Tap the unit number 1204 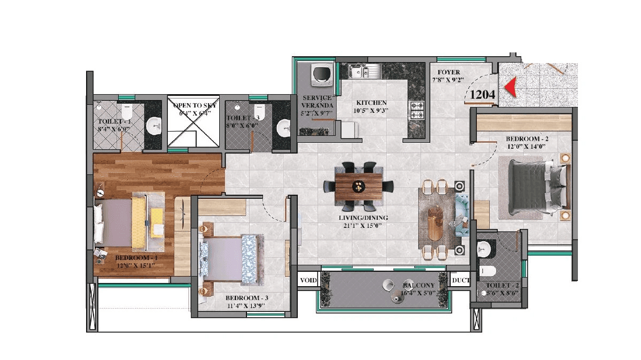click(x=483, y=95)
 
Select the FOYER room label click(x=449, y=72)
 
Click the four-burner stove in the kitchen click(x=418, y=110)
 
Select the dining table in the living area click(x=358, y=186)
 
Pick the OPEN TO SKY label click(x=193, y=106)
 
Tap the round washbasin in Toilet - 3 click(x=283, y=127)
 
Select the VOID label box click(x=308, y=280)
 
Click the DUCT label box click(x=460, y=280)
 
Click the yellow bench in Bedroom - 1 click(x=157, y=222)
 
